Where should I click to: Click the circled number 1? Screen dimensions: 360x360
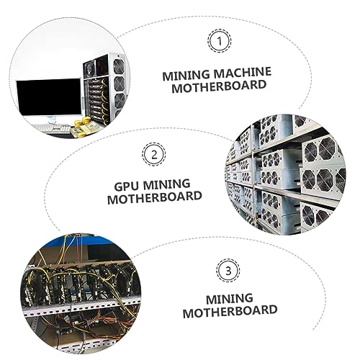219,41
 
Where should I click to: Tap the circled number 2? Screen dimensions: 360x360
154,154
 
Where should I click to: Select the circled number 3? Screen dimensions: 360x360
228,271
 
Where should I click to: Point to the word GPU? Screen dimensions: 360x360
127,186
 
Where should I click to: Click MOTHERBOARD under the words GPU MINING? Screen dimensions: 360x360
155,197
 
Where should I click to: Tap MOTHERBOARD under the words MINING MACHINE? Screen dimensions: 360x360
219,86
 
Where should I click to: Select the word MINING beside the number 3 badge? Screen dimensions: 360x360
230,299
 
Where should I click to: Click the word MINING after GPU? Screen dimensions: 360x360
166,185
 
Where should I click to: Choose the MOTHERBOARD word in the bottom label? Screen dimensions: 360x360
230,311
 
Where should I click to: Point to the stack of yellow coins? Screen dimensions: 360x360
86,122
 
